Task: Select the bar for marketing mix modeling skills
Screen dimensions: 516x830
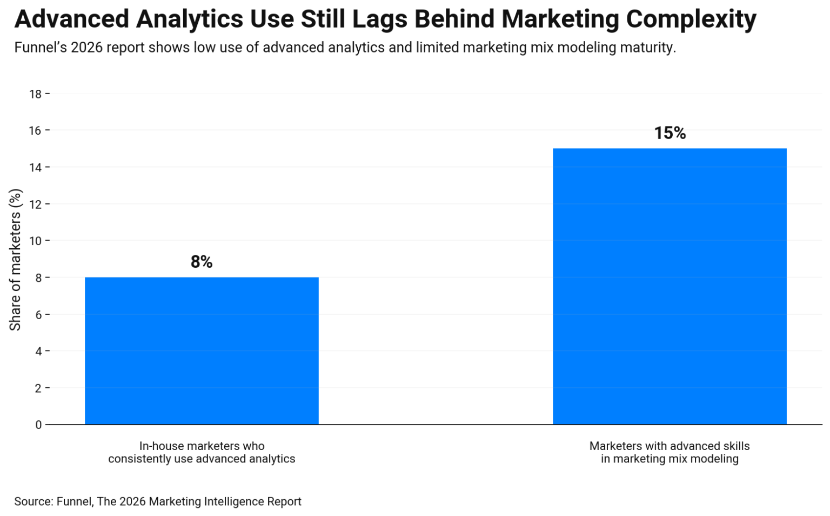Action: (x=670, y=286)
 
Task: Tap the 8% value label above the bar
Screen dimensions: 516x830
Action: (x=202, y=262)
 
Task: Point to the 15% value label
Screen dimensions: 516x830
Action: (x=670, y=133)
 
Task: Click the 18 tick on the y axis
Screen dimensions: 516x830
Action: (x=35, y=94)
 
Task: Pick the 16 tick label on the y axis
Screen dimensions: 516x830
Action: (x=35, y=131)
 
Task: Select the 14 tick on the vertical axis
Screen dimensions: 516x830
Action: (x=35, y=168)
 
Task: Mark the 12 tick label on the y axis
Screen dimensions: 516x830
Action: (x=35, y=204)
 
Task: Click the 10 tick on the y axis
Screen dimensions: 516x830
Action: (x=35, y=241)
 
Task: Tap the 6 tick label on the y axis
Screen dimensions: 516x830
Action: (x=38, y=315)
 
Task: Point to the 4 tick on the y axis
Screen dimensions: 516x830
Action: (x=38, y=352)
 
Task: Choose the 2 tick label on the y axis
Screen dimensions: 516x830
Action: (x=38, y=388)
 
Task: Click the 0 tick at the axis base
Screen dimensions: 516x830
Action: (x=38, y=425)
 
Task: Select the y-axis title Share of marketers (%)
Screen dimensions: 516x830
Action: (x=15, y=260)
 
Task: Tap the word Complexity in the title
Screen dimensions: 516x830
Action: (x=691, y=19)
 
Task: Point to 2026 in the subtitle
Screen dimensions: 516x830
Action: (x=86, y=48)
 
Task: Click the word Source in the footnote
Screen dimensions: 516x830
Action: (x=33, y=501)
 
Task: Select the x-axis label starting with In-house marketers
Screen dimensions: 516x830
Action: (x=202, y=452)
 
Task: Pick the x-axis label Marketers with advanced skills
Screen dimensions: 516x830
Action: (x=670, y=452)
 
